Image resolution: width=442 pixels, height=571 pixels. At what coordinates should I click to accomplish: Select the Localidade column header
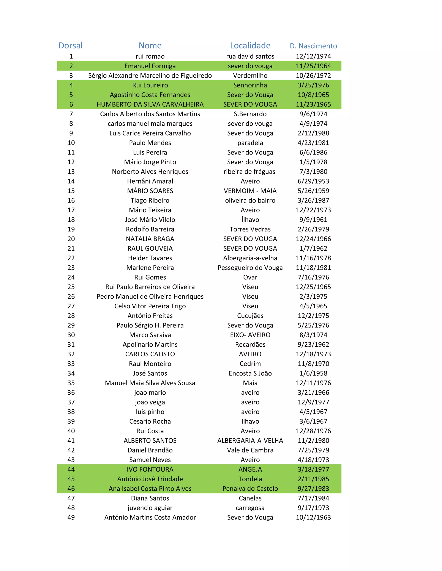pyautogui.click(x=250, y=45)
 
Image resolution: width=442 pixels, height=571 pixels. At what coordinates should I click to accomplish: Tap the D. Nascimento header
pyautogui.click(x=313, y=46)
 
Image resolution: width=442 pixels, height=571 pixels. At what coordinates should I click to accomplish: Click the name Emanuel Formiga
pyautogui.click(x=150, y=66)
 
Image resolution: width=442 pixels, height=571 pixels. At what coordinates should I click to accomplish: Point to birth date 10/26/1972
pyautogui.click(x=313, y=76)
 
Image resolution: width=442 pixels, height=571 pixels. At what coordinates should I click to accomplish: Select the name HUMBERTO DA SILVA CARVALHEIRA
pyautogui.click(x=150, y=104)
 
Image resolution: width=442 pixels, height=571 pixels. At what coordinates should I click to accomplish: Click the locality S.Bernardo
pyautogui.click(x=250, y=114)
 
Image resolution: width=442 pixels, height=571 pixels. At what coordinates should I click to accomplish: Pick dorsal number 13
pyautogui.click(x=71, y=172)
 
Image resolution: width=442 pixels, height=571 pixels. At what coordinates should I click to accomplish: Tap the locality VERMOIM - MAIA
pyautogui.click(x=250, y=191)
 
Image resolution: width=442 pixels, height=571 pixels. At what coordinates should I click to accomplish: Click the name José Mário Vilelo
pyautogui.click(x=150, y=220)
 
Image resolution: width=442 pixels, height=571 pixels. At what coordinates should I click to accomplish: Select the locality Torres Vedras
pyautogui.click(x=250, y=229)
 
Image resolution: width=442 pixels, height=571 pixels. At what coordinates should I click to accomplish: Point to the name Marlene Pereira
pyautogui.click(x=150, y=268)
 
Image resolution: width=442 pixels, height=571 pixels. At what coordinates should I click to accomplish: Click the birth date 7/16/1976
pyautogui.click(x=313, y=277)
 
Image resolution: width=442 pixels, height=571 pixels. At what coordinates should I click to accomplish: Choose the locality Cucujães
pyautogui.click(x=250, y=316)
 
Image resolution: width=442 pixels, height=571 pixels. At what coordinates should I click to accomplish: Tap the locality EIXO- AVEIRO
pyautogui.click(x=250, y=335)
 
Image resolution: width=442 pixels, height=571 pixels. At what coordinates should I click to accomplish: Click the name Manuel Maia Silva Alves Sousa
pyautogui.click(x=150, y=383)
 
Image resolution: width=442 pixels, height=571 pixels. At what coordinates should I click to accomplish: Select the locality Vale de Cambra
pyautogui.click(x=250, y=450)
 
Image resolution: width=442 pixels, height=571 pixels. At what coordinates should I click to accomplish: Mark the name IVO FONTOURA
pyautogui.click(x=150, y=469)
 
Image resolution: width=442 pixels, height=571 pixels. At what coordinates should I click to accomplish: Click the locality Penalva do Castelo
pyautogui.click(x=250, y=489)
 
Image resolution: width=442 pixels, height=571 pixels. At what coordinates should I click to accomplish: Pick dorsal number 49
pyautogui.click(x=71, y=517)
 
